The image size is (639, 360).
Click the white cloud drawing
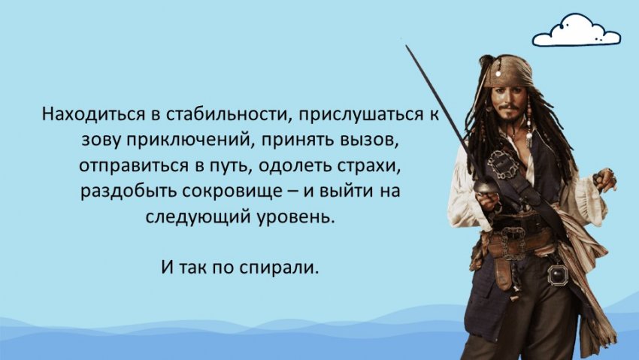pos(577,31)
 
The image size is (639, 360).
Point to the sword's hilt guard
pos(485,187)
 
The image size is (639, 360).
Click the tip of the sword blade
pos(406,45)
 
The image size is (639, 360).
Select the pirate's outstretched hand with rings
pos(606,179)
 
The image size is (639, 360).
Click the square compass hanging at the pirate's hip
pos(557,274)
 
